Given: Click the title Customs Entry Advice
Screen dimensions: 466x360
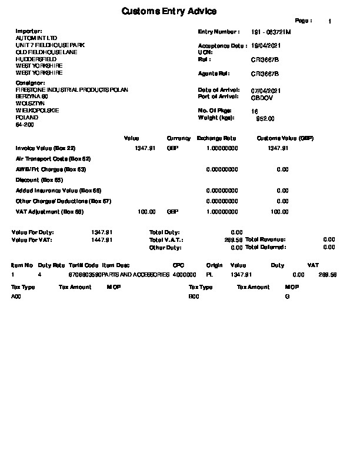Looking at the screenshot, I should tap(169, 12).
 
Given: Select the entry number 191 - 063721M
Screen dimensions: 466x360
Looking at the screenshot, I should tap(271, 32).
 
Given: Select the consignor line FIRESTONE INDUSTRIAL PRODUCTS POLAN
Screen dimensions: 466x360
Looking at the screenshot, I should tap(72, 90).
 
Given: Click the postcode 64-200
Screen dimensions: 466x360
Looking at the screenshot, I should tap(24, 125).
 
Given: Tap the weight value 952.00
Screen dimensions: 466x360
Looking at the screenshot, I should tap(266, 118).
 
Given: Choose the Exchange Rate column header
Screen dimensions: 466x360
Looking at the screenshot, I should tap(216, 138).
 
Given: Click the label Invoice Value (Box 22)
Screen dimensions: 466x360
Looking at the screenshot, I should tap(45, 148).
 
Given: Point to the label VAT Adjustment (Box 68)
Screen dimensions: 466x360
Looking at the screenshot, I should tap(46, 211).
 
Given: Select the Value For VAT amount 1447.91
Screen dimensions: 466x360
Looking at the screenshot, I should tap(102, 240).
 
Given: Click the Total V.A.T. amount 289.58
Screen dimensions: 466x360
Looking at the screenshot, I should tap(234, 240).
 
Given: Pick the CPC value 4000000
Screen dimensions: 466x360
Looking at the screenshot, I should tap(185, 275).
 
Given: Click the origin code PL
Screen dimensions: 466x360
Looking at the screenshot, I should tap(209, 275).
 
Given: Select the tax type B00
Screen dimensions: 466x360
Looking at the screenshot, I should tap(194, 297).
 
